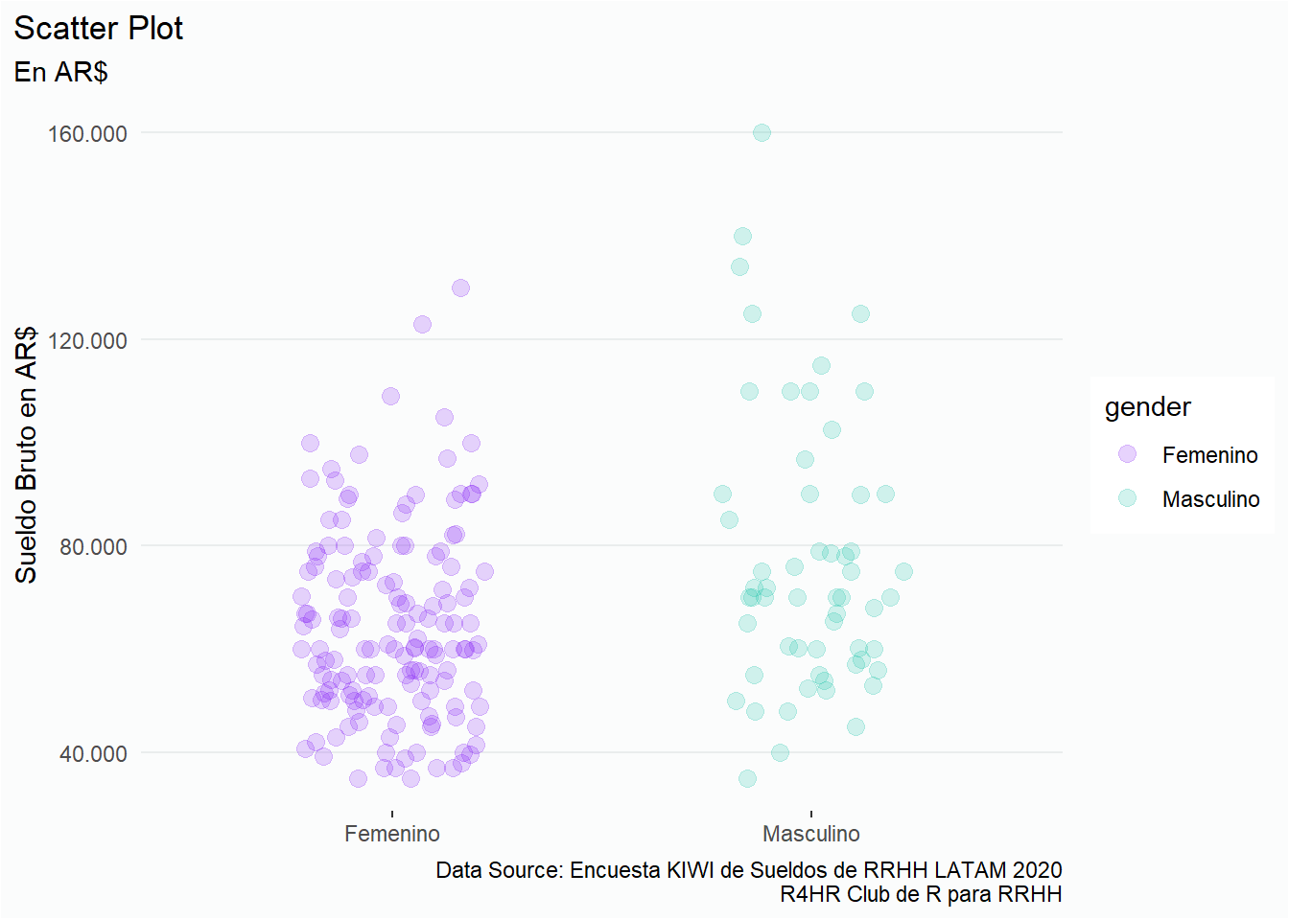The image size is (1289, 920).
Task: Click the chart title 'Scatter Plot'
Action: click(98, 29)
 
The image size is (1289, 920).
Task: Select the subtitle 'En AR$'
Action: click(60, 72)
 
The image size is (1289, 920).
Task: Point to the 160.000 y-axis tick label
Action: click(87, 133)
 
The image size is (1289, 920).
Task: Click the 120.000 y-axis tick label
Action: click(87, 340)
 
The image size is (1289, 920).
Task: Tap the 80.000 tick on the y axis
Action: click(92, 546)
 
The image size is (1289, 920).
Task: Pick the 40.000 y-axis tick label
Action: click(92, 753)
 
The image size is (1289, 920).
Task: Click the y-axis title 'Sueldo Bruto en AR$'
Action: click(26, 454)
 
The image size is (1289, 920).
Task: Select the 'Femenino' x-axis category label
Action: click(391, 834)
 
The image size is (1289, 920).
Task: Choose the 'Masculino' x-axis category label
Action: click(810, 834)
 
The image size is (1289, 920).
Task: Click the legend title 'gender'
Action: click(1147, 407)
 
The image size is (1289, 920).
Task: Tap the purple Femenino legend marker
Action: click(1127, 454)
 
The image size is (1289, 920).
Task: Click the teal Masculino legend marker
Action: click(1127, 498)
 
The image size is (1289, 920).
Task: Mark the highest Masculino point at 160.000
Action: click(762, 132)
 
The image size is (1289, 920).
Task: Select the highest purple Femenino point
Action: click(460, 287)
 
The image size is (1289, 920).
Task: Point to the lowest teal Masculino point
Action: click(747, 778)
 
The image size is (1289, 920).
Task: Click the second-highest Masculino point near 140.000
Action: click(742, 236)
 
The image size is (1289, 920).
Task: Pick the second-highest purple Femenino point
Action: click(422, 324)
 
